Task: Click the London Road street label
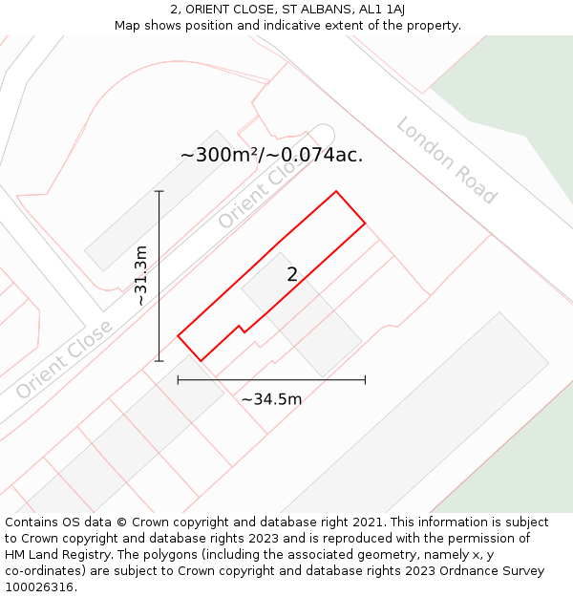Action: pos(447,160)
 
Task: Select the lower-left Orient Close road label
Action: pos(64,359)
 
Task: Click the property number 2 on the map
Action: pos(292,275)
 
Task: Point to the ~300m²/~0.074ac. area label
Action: pos(271,155)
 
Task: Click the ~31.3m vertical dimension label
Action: pos(141,276)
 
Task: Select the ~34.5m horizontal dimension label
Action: pos(271,399)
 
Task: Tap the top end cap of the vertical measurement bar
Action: pos(159,192)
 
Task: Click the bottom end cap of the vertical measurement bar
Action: pos(159,361)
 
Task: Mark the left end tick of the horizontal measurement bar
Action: pos(179,380)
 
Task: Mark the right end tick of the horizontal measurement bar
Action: pos(365,380)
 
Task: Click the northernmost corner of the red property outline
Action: pos(335,192)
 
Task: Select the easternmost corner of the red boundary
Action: pos(365,224)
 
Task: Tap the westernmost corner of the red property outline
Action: pos(179,336)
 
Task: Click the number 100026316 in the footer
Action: pos(41,587)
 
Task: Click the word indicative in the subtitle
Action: pos(276,25)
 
